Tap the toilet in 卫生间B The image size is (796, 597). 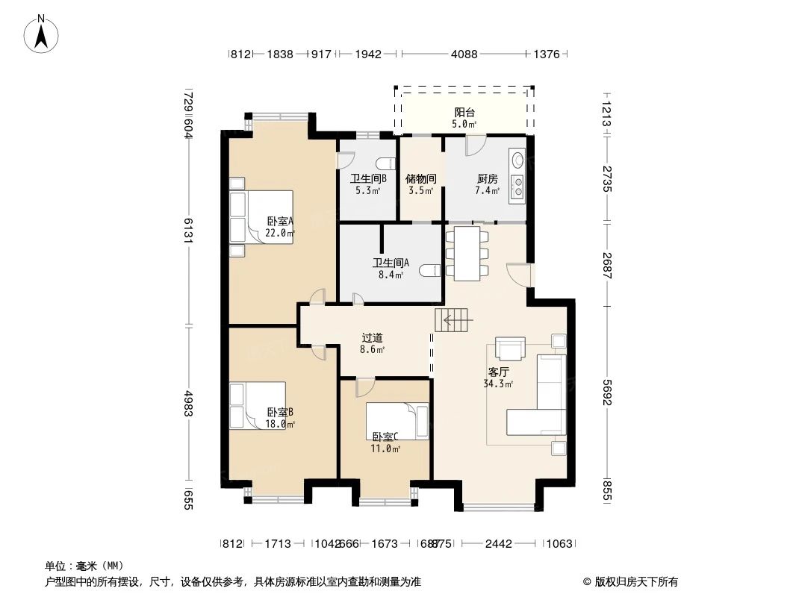(385, 163)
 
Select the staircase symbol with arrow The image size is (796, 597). (453, 322)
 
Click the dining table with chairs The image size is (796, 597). (467, 254)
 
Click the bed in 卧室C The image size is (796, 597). (397, 422)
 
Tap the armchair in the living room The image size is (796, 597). (511, 349)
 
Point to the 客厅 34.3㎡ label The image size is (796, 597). (498, 378)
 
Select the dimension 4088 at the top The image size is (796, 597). (464, 54)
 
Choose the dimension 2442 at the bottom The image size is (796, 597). (498, 544)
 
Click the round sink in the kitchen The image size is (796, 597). (517, 159)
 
